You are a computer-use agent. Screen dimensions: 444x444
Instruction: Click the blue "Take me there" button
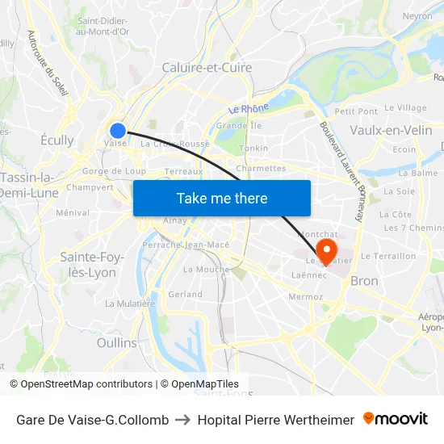coord(222,198)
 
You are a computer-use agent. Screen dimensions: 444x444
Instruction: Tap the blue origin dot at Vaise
coord(118,130)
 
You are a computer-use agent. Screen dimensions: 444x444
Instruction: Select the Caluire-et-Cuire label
coord(207,68)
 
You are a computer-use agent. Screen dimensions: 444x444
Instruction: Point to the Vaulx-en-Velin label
coord(392,130)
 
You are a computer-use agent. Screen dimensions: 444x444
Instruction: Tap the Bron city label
coord(364,281)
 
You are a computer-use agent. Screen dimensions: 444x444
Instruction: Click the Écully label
coord(57,140)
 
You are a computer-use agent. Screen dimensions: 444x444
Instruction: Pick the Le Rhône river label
coord(249,109)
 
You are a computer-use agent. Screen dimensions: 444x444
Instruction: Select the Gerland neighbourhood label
coord(185,295)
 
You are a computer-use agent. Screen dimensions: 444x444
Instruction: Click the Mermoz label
coord(305,297)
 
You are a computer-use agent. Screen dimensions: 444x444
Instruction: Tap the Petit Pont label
coord(356,111)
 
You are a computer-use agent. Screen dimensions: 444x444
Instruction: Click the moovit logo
coord(396,419)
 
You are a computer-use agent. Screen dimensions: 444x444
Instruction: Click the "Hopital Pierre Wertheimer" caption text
coord(275,420)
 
